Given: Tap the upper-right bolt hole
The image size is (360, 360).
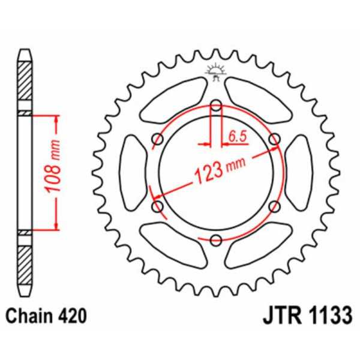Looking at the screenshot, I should [275, 139].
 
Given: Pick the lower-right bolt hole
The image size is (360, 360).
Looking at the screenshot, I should [275, 206].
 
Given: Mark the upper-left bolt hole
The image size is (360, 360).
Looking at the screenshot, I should [158, 139].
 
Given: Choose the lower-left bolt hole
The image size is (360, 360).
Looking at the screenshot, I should [158, 206].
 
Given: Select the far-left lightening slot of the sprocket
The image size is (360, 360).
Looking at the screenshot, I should [133, 173].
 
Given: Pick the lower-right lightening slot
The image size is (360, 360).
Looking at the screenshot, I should [258, 246].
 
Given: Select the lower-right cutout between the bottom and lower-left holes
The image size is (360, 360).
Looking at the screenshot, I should [174, 246].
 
